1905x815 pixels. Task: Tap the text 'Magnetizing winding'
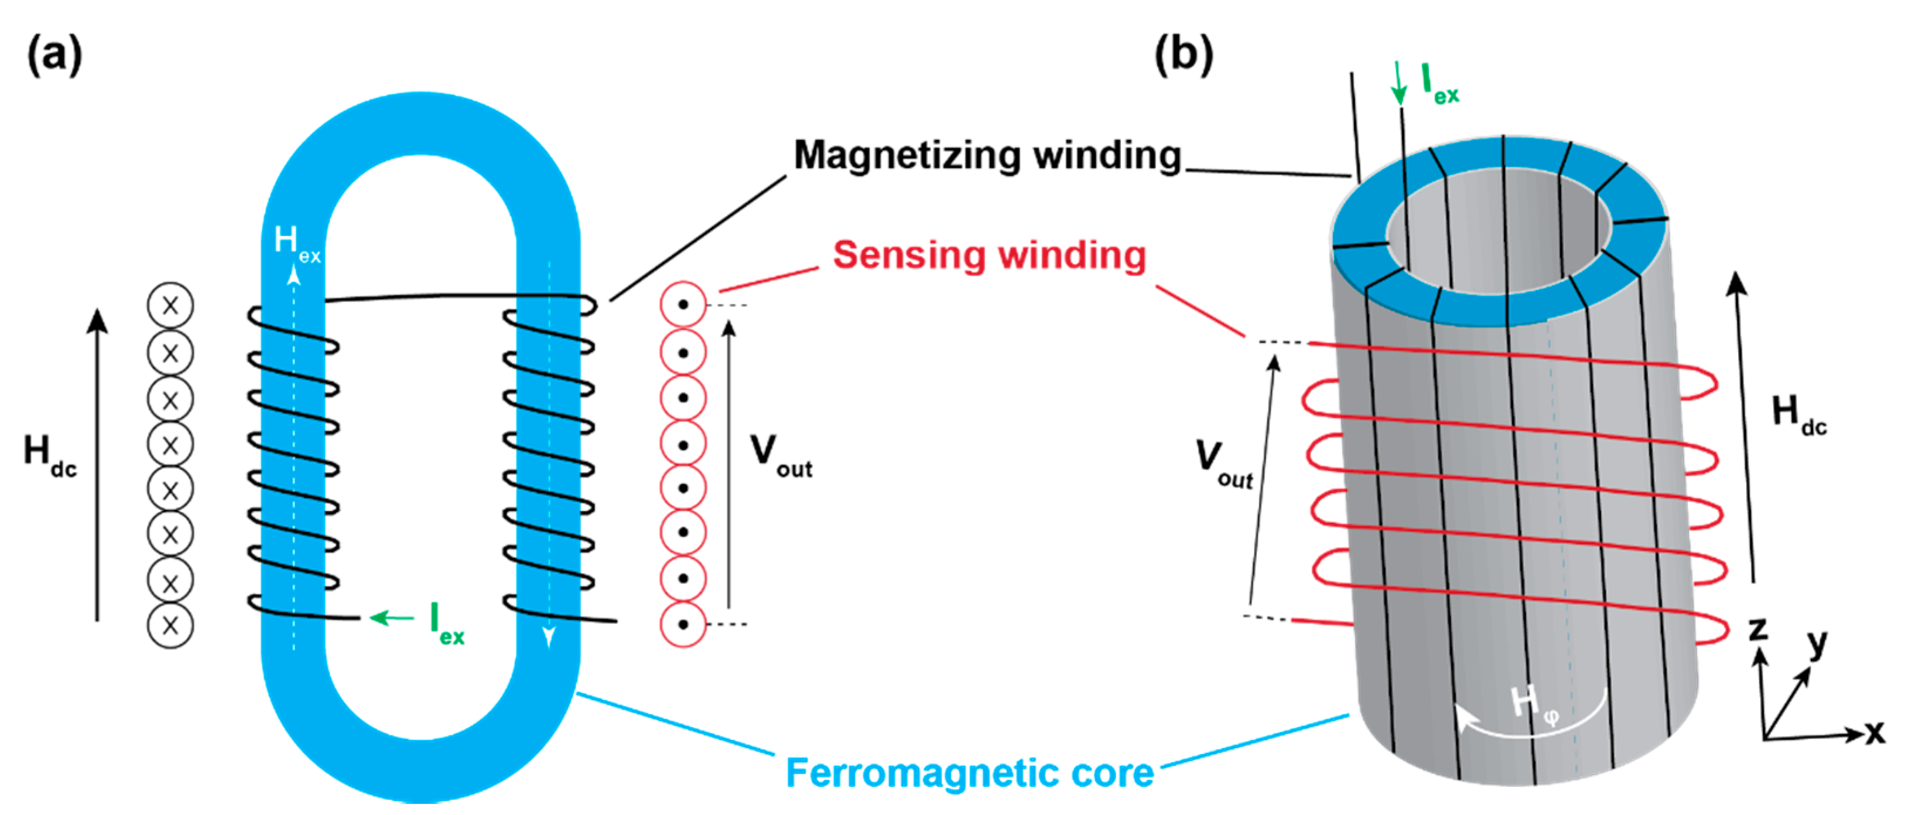pyautogui.click(x=987, y=155)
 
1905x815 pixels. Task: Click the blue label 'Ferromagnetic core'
pyautogui.click(x=969, y=773)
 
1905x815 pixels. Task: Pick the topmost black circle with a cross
pyautogui.click(x=170, y=305)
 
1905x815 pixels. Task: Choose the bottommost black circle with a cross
pyautogui.click(x=170, y=626)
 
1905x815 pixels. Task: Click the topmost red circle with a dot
pyautogui.click(x=683, y=304)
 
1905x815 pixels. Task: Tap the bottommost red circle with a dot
pyautogui.click(x=683, y=625)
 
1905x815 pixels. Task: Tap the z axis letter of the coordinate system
pyautogui.click(x=1758, y=629)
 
